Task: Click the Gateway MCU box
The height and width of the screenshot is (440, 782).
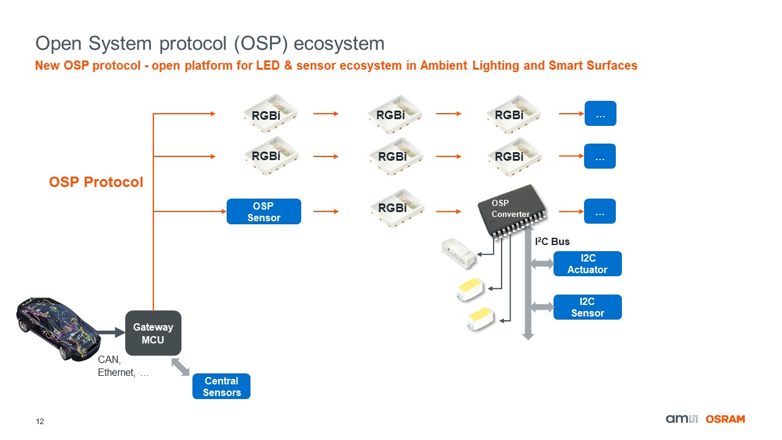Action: click(x=153, y=333)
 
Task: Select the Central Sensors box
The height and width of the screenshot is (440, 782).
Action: click(x=221, y=386)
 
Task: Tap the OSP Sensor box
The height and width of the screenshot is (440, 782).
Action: click(x=263, y=211)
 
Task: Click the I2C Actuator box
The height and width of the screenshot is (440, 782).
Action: click(x=587, y=264)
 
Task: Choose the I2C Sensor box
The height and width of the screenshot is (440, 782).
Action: click(x=587, y=307)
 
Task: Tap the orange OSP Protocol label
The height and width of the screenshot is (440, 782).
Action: click(x=96, y=182)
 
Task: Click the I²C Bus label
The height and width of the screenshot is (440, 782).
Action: click(x=552, y=242)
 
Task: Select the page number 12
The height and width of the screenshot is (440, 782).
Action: click(x=40, y=422)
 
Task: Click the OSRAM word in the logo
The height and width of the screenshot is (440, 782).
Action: click(x=725, y=419)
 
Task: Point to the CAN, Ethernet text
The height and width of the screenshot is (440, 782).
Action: click(x=123, y=367)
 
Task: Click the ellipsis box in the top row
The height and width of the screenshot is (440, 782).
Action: click(x=600, y=114)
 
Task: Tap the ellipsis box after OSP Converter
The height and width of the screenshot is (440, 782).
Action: click(x=600, y=211)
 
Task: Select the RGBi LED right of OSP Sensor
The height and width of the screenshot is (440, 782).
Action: click(x=392, y=207)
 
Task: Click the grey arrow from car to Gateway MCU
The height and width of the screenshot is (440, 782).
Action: click(x=111, y=332)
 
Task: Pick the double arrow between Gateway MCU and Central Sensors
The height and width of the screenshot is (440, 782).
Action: click(x=180, y=367)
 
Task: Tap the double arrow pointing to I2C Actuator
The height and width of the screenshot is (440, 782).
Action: click(x=542, y=263)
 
